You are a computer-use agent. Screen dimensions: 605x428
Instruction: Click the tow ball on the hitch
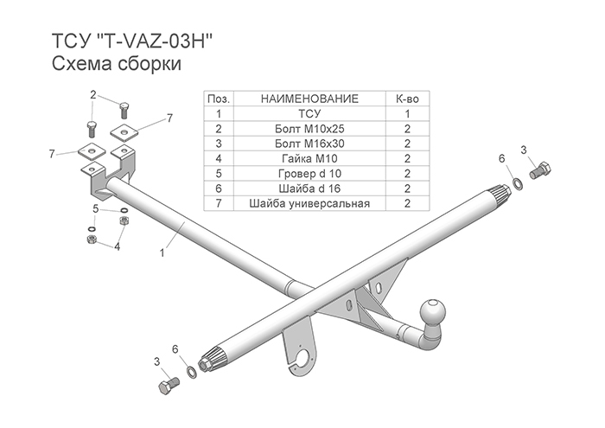(432, 311)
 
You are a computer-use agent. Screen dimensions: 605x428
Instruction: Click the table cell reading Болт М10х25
(309, 129)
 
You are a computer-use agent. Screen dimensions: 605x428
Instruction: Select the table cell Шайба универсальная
(309, 203)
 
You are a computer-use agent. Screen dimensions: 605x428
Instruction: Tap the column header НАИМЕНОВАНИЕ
(309, 99)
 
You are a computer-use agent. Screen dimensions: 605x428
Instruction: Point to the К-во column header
(407, 99)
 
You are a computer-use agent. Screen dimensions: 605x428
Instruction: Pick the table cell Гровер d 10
(309, 174)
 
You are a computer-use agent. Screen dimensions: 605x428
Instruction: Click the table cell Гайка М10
(309, 158)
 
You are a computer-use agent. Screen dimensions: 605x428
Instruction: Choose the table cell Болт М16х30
(309, 144)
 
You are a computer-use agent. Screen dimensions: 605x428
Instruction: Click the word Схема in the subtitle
(80, 64)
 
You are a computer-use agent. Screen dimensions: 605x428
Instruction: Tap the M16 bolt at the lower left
(169, 385)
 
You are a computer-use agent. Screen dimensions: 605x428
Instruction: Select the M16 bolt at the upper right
(540, 170)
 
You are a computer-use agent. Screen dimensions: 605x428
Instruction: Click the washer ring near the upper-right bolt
(517, 183)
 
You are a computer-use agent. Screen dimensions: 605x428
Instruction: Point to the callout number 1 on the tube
(162, 253)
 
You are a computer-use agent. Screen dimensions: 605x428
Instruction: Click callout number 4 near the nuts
(118, 246)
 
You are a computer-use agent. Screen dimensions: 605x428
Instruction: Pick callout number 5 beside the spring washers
(96, 209)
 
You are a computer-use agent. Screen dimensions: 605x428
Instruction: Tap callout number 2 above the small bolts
(93, 94)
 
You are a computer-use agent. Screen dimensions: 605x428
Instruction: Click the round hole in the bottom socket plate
(307, 357)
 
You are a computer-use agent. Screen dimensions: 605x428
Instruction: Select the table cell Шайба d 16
(309, 188)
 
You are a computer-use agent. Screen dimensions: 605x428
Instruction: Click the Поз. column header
(219, 99)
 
